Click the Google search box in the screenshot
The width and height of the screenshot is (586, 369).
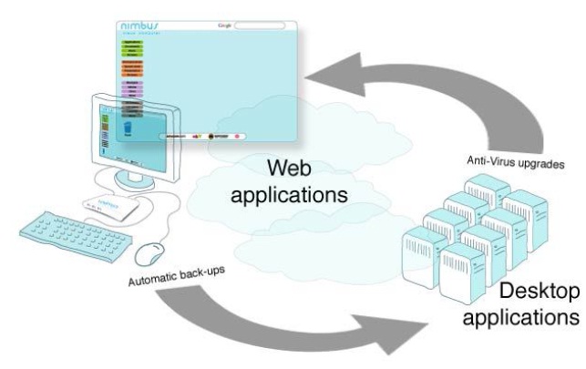(x=260, y=25)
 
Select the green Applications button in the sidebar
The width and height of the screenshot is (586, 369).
(x=133, y=43)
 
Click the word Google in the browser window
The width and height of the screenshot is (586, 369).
(x=226, y=25)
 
